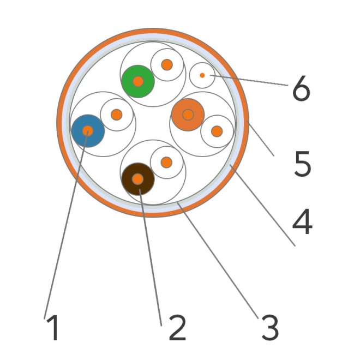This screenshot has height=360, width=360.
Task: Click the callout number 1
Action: (53, 328)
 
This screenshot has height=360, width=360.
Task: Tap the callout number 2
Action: (177, 328)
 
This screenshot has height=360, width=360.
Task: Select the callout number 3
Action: (270, 328)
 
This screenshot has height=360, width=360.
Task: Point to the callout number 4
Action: (302, 221)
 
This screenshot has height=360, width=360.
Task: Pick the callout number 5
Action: (303, 164)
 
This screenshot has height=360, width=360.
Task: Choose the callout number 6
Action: (302, 88)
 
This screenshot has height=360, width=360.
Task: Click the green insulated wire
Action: (138, 81)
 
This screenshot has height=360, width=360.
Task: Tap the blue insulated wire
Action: (88, 131)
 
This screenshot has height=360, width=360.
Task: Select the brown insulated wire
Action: (138, 179)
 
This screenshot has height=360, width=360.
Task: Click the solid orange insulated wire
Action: (188, 115)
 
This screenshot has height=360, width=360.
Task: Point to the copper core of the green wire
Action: (138, 81)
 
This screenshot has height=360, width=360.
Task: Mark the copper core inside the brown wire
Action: (138, 179)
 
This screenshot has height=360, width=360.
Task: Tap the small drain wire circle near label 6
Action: (202, 75)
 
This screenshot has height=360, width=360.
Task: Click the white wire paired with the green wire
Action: (167, 65)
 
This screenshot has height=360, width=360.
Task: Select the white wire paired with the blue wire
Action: (117, 115)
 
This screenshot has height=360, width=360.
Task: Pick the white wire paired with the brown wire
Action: (167, 163)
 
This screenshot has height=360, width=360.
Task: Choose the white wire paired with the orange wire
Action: (217, 131)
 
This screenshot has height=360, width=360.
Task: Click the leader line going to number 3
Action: (218, 260)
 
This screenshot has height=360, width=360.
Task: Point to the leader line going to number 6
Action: (249, 80)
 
